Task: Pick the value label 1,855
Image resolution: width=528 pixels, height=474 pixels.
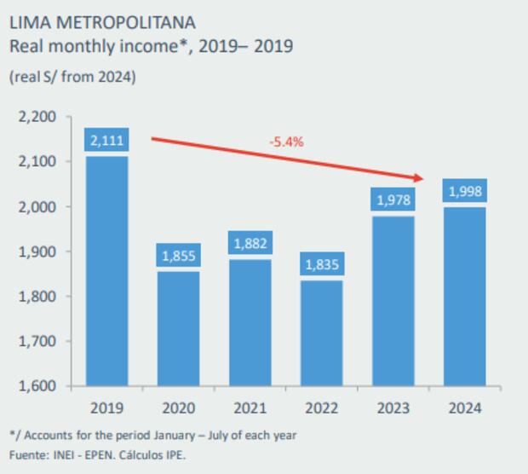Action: (178, 256)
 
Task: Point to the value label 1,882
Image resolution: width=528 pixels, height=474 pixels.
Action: (250, 244)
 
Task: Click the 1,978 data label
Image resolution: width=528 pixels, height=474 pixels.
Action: (393, 200)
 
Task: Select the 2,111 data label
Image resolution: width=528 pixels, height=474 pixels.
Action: (106, 141)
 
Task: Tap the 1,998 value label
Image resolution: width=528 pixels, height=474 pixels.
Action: (465, 192)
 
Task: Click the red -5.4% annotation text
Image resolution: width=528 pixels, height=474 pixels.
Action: (286, 142)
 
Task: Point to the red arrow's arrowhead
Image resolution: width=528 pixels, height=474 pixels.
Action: (417, 178)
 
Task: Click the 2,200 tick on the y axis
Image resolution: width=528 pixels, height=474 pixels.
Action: (37, 117)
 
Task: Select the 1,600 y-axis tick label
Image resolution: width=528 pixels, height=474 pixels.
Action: (37, 386)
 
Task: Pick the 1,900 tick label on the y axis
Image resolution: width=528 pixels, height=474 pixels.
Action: (37, 251)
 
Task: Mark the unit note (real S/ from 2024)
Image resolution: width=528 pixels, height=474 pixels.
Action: (72, 77)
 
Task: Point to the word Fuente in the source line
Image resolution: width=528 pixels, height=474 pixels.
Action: (27, 454)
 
